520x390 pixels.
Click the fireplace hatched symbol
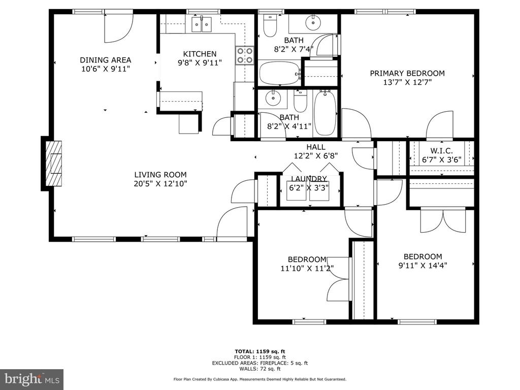53,163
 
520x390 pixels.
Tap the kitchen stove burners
245,55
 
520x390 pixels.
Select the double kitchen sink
201,24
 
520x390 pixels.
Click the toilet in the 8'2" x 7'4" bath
270,26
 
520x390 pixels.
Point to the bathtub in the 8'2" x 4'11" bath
325,113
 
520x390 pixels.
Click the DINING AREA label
106,60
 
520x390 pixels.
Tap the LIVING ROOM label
160,175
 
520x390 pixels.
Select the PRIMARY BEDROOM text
407,73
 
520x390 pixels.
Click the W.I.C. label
441,151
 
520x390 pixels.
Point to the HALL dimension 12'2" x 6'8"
316,155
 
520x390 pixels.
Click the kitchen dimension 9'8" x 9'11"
200,62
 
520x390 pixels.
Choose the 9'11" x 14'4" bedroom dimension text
423,265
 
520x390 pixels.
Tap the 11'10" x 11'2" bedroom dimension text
307,268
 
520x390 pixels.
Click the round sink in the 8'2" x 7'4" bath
312,22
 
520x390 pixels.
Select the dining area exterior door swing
119,28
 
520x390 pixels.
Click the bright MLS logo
32,379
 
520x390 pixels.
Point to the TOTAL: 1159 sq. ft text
260,351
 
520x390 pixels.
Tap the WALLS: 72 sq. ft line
260,369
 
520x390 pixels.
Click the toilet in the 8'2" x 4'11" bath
301,101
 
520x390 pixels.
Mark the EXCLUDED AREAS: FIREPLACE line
260,363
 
